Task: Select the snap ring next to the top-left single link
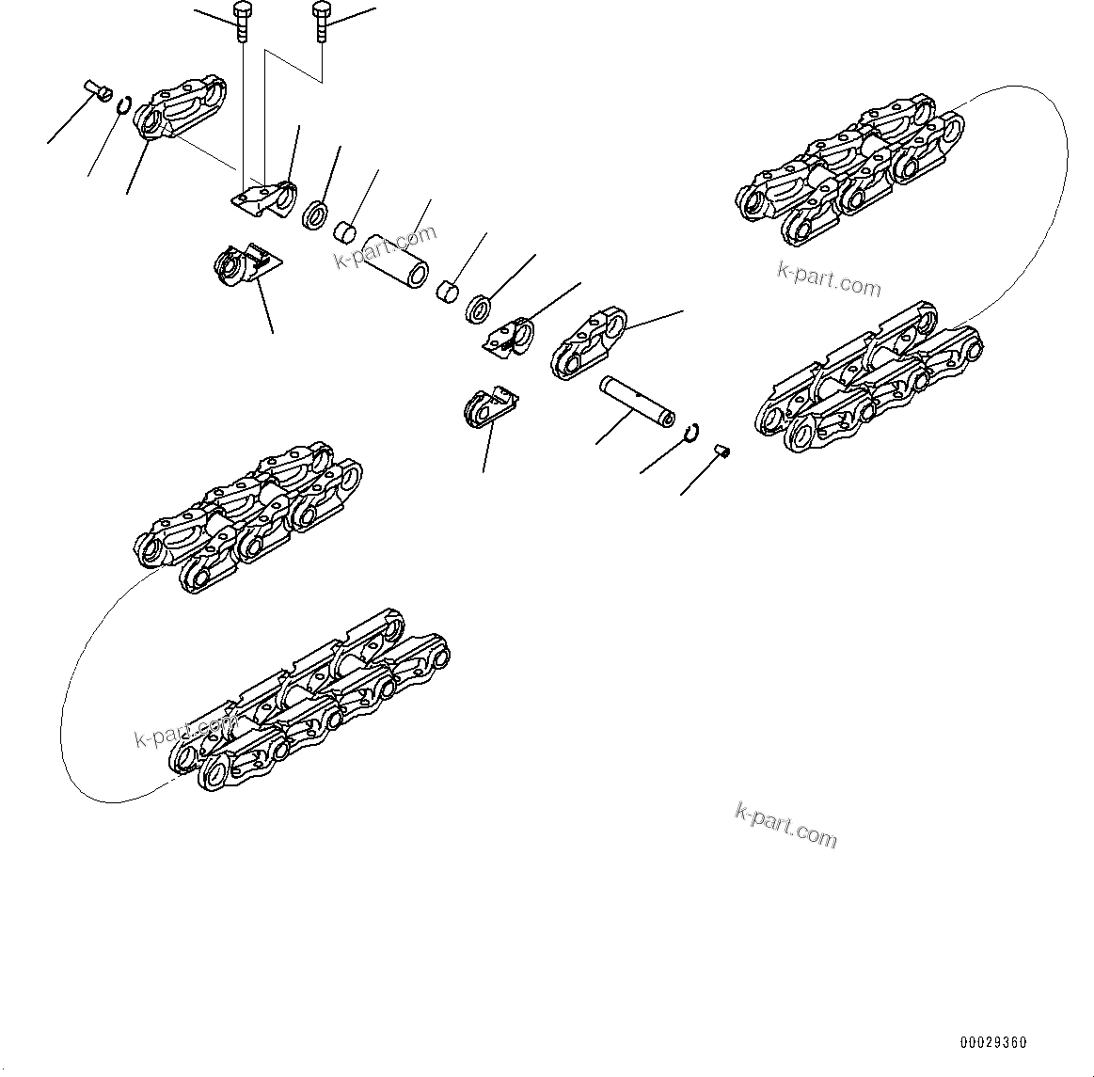123,103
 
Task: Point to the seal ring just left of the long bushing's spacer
314,214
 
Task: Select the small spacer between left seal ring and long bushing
347,230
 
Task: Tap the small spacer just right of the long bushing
448,291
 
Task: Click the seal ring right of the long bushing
479,309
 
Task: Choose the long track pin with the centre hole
637,399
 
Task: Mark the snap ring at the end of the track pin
693,431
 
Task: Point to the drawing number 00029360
993,1042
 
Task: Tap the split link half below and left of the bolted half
243,264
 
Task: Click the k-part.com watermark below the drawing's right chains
785,825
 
